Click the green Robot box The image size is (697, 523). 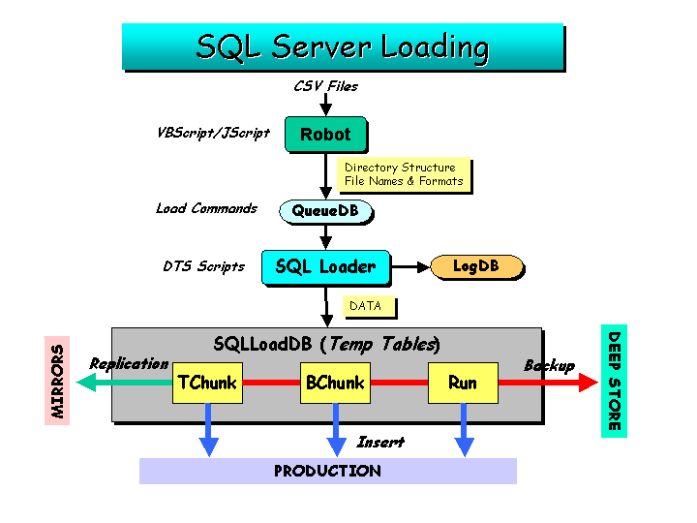[x=326, y=134]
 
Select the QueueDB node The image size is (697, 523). [x=325, y=211]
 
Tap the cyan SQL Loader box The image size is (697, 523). [x=326, y=267]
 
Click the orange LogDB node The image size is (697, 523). [x=477, y=266]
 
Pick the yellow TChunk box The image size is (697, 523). [x=207, y=383]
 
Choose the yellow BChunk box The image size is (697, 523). [x=335, y=383]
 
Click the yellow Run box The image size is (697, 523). [x=463, y=383]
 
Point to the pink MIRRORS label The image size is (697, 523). [x=57, y=381]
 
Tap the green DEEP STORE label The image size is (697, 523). [x=614, y=382]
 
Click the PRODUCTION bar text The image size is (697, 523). [x=327, y=471]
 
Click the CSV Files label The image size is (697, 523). [x=326, y=86]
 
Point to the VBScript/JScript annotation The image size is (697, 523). [x=213, y=133]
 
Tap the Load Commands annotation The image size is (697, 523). [x=207, y=208]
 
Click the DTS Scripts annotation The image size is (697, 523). [x=204, y=266]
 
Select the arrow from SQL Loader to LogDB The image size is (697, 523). [x=410, y=267]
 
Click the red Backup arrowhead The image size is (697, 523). [x=589, y=383]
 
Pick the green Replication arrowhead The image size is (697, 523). [x=86, y=383]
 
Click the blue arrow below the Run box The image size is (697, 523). [x=464, y=430]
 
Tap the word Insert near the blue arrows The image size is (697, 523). [x=380, y=442]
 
